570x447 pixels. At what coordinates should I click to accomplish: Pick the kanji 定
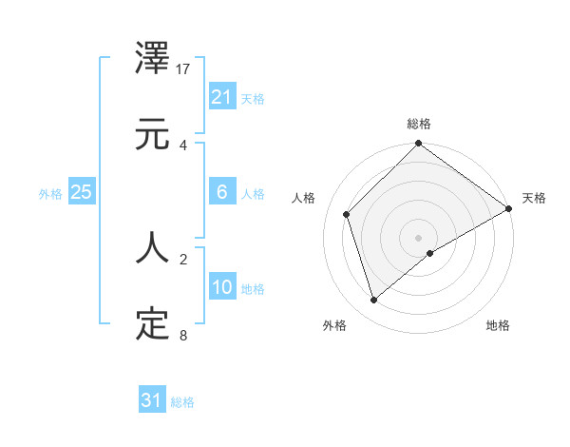153,324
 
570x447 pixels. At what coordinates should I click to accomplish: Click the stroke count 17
184,69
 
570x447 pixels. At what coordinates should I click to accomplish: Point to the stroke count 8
182,335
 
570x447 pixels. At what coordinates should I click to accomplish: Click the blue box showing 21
221,97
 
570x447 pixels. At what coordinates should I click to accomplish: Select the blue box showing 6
221,192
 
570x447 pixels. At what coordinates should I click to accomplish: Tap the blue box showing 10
221,287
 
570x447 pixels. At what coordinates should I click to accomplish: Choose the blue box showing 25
81,192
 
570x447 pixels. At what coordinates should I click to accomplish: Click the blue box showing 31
151,400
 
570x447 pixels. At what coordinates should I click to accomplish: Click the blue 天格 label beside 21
253,98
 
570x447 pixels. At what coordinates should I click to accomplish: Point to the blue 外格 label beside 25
50,193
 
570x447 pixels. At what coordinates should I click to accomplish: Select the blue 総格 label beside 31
182,401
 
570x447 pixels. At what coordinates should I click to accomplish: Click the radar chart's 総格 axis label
418,124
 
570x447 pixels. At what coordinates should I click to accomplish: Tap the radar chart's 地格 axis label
498,326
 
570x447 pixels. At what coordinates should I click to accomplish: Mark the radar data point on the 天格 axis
508,209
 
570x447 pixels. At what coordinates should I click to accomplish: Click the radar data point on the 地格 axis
430,253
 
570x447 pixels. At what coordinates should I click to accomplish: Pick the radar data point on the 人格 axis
347,214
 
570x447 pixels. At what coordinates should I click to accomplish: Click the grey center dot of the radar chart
418,237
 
